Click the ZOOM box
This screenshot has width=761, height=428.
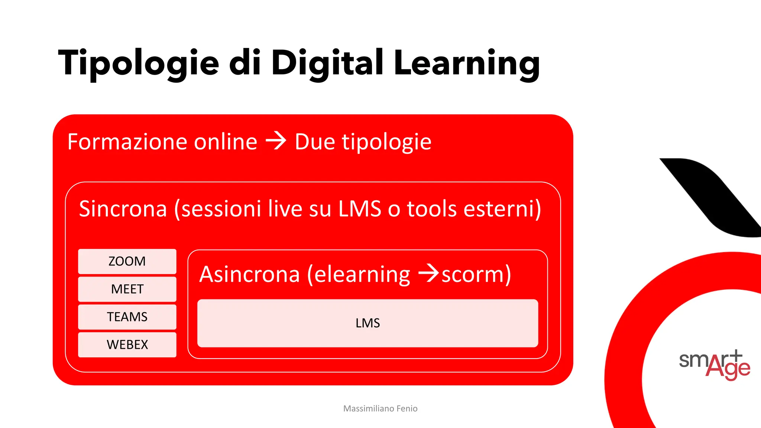click(127, 261)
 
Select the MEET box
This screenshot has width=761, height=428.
click(127, 289)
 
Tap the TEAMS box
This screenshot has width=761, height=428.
click(127, 317)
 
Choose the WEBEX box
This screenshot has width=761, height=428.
click(127, 345)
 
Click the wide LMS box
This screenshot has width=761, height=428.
click(367, 323)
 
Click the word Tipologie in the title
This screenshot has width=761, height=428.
click(139, 63)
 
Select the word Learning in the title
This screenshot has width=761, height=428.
click(466, 63)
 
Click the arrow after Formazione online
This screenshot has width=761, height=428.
click(276, 141)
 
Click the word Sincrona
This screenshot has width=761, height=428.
click(123, 209)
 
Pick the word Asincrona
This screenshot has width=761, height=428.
click(249, 275)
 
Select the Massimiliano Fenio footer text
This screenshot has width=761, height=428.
click(380, 409)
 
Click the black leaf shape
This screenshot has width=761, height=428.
click(713, 197)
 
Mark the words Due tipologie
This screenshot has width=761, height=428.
click(363, 142)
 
